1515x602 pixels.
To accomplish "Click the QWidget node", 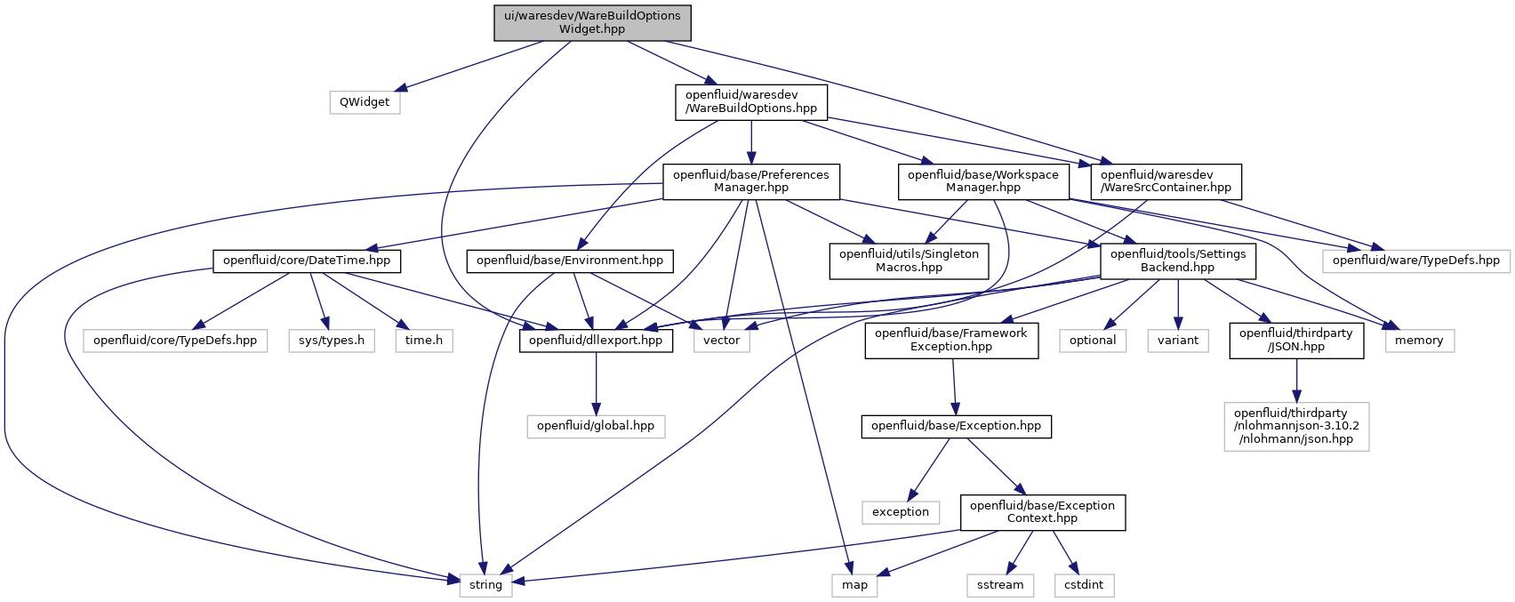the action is click(365, 102).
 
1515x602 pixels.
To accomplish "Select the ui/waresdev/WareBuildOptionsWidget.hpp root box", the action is click(592, 22).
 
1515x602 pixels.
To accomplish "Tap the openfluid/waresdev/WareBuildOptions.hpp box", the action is click(750, 102).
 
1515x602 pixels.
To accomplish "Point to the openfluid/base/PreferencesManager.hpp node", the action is click(750, 181).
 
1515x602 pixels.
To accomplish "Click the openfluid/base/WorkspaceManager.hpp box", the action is click(982, 181).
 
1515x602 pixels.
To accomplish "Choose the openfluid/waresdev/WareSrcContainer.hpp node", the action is click(1166, 181).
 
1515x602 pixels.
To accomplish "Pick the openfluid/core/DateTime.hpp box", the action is click(307, 261).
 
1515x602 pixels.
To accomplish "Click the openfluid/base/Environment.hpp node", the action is click(570, 261).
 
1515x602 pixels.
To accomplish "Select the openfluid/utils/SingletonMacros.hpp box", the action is click(909, 261).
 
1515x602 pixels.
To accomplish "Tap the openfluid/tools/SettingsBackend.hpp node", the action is click(1177, 261).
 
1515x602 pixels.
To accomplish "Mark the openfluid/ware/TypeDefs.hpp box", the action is click(1415, 261).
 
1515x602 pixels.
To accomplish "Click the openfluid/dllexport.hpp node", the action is click(595, 341).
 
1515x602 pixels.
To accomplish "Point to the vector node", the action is click(722, 341).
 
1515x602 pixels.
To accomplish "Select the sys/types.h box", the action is click(332, 341).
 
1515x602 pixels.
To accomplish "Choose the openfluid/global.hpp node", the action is click(595, 426).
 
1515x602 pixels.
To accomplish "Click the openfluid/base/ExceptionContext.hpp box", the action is click(1042, 512).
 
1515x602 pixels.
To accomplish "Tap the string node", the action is click(485, 585).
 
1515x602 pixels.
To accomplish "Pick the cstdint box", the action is click(1084, 585).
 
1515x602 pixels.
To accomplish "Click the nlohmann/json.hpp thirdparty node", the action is click(1296, 426).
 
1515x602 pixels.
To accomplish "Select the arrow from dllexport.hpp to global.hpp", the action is click(596, 383).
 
